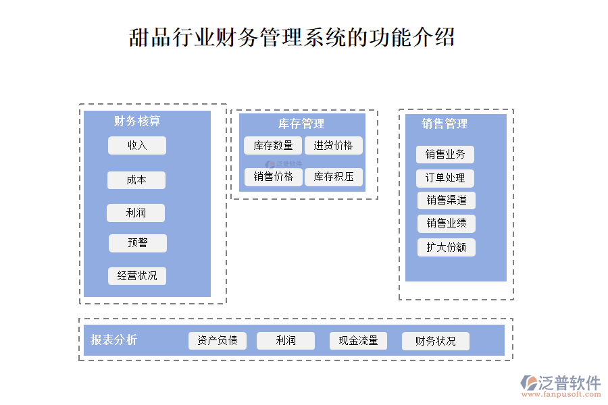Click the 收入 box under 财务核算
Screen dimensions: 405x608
pos(136,145)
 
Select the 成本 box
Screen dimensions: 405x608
pos(136,180)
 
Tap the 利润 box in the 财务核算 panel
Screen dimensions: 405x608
pos(136,213)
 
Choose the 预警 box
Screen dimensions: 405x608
pos(138,243)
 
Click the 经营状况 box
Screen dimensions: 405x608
pos(137,275)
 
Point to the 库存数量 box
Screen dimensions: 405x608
pos(273,145)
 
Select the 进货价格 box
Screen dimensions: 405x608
pos(333,145)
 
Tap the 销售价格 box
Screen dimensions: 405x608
pos(274,177)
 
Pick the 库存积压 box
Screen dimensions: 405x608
pos(334,177)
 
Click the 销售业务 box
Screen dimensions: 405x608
pos(445,155)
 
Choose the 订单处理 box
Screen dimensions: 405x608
pos(445,178)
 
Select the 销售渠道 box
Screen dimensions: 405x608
pos(447,200)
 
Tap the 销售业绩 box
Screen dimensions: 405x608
pos(447,223)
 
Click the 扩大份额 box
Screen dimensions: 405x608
pos(447,247)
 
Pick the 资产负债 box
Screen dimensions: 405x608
pos(218,341)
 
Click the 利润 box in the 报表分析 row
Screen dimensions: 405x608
pos(286,341)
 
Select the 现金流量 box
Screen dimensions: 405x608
pos(358,341)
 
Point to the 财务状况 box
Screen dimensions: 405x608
pos(436,342)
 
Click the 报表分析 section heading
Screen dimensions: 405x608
pos(114,340)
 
